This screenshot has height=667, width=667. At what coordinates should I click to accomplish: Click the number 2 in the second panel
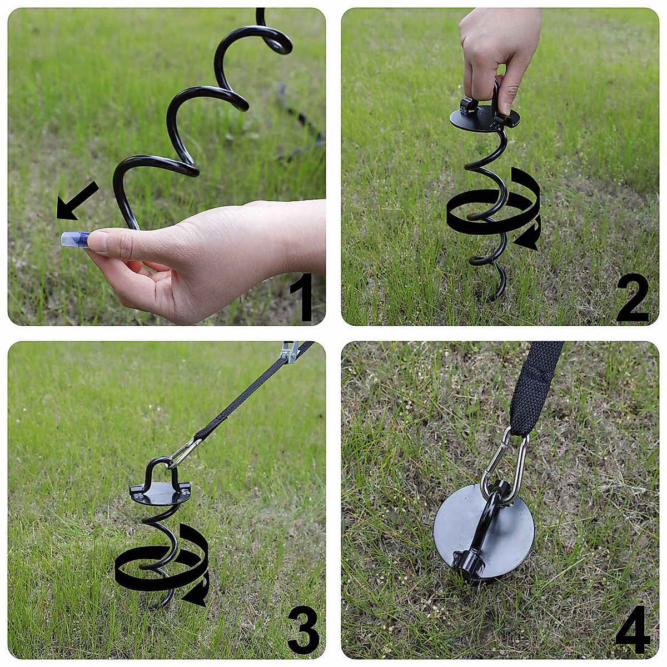click(633, 298)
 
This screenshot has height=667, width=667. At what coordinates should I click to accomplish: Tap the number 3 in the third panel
click(303, 631)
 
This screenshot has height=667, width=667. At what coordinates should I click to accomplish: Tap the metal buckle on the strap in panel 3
click(290, 351)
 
